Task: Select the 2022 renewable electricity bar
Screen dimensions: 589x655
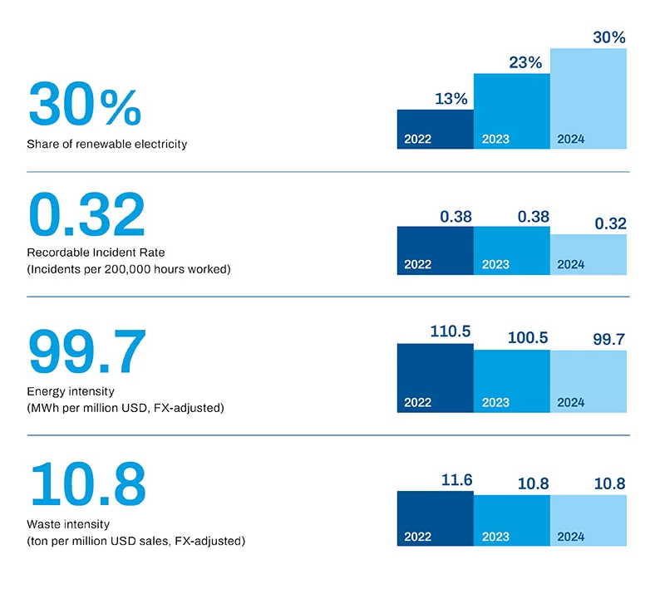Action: tap(435, 130)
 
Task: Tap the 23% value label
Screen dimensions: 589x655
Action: tap(524, 62)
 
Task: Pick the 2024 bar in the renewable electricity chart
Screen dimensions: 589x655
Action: tap(589, 99)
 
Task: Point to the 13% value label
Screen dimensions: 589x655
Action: tap(451, 99)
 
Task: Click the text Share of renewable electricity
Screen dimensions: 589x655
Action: tap(107, 144)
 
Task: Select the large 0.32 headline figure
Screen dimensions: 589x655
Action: tap(86, 215)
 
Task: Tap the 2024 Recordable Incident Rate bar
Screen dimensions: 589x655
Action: tap(589, 254)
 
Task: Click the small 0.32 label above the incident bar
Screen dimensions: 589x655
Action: tap(609, 223)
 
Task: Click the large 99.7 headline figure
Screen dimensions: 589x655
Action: tap(87, 353)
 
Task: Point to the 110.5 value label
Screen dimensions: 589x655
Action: tap(451, 331)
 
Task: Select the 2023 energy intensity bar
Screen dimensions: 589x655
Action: tap(512, 380)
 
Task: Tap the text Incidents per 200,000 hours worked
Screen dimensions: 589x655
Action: tap(129, 269)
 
